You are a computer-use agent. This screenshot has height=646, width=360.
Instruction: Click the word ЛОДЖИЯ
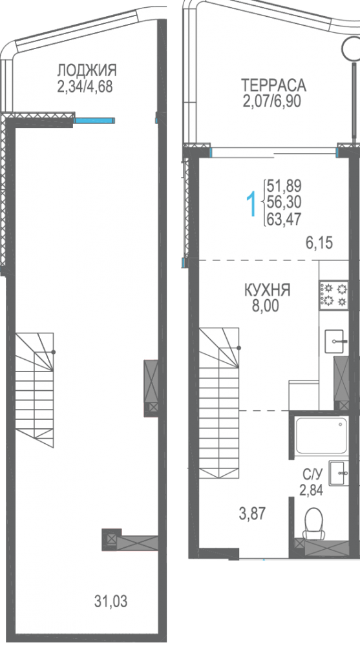87,70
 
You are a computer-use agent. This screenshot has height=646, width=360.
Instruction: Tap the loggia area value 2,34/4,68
85,87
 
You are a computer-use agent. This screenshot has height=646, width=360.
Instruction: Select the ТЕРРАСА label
273,85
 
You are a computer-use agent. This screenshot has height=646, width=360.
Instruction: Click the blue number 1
250,203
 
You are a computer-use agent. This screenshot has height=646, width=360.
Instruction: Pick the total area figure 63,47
284,218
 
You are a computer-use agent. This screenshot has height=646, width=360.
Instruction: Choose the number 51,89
284,186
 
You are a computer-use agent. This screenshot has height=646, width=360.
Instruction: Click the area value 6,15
319,243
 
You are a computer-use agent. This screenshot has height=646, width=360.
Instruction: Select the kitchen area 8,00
265,306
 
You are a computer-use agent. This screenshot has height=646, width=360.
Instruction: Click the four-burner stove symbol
334,295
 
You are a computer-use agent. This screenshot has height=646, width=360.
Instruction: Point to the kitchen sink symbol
336,341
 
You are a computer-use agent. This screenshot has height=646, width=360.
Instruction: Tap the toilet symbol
314,523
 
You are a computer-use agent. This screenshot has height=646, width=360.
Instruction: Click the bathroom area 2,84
312,490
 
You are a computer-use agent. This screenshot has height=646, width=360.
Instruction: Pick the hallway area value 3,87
252,514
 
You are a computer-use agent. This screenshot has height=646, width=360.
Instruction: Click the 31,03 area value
111,602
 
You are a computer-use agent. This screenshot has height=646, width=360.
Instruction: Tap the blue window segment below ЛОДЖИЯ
94,120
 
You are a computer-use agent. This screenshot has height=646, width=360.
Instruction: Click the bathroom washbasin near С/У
338,474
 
